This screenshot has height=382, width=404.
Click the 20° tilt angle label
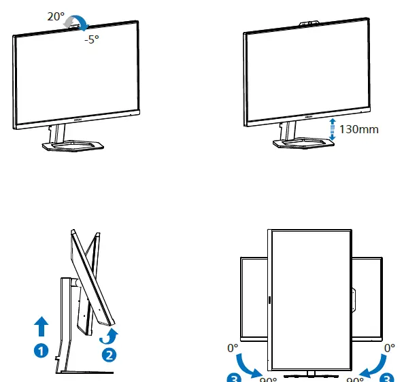(x=56, y=17)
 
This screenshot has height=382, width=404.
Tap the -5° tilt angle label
(x=92, y=39)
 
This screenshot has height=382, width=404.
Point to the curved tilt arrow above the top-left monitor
(x=75, y=23)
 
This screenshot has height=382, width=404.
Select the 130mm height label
(x=360, y=129)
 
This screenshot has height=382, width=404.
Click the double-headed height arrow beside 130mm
(x=333, y=129)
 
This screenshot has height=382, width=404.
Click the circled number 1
(x=42, y=351)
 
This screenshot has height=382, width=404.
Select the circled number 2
(x=108, y=354)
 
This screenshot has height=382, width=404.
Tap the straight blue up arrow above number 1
(x=42, y=326)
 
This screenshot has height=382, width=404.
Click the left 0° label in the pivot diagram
(x=233, y=348)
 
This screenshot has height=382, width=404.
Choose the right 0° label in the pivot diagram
(x=389, y=348)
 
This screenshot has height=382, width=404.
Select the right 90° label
(x=354, y=378)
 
